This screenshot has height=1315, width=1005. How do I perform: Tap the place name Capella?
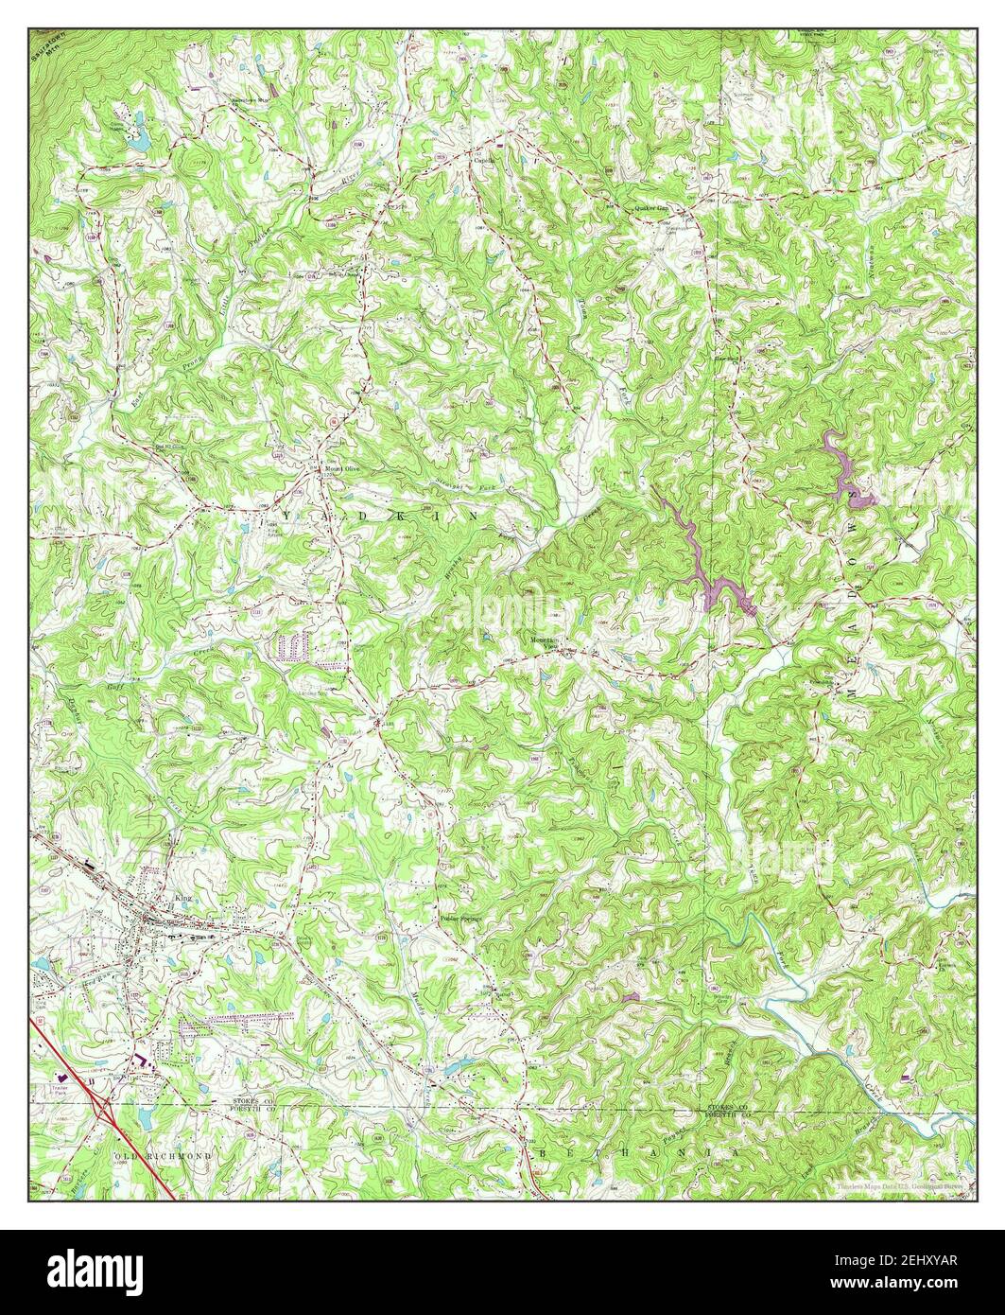point(485,160)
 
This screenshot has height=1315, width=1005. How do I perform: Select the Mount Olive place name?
point(344,467)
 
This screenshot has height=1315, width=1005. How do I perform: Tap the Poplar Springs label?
point(461,917)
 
